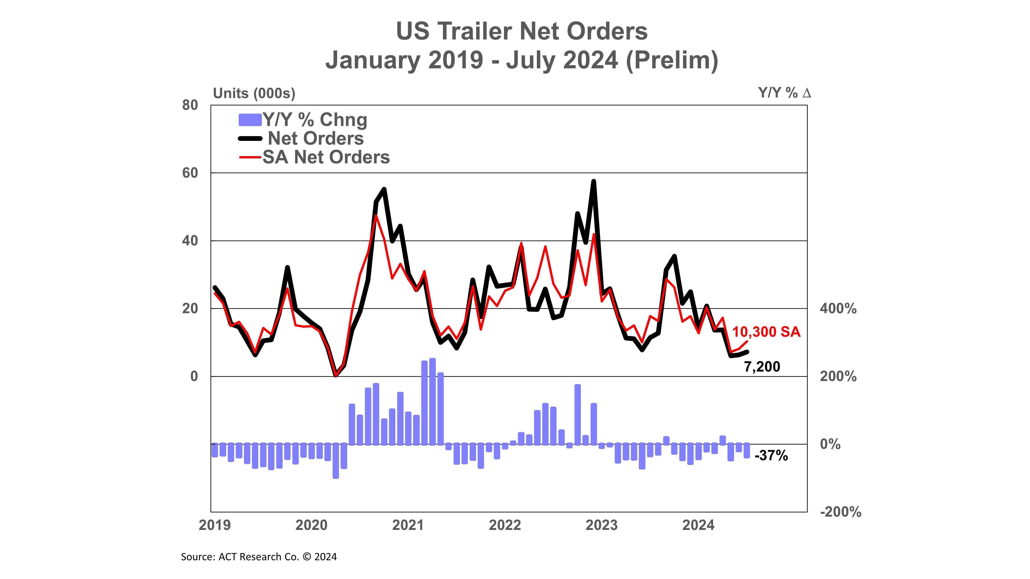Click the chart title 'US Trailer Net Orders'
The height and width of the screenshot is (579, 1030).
521,31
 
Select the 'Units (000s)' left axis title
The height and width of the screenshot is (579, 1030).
254,93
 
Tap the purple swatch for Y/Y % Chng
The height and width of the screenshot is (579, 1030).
250,120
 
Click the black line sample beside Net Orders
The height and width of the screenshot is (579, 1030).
250,139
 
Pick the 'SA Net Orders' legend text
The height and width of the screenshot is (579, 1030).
326,157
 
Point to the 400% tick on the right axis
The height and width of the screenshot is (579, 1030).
838,309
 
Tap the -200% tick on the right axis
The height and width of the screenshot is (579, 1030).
840,512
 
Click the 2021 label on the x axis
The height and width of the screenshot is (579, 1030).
408,525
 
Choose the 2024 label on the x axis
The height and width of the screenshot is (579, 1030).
698,525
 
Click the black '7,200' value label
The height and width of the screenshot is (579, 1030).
762,367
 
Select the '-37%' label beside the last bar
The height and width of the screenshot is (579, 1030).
771,456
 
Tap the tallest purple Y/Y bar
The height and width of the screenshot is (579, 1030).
432,401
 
